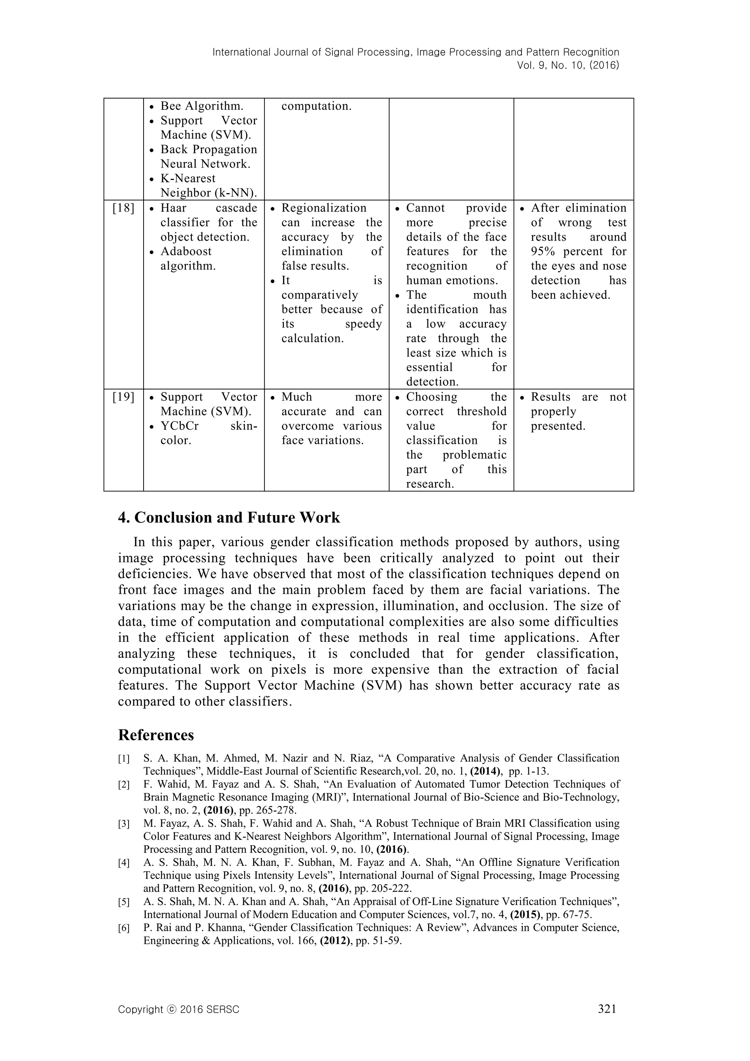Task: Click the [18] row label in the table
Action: pyautogui.click(x=123, y=208)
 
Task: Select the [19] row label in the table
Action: pyautogui.click(x=123, y=397)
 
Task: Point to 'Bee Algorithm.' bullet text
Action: pyautogui.click(x=202, y=106)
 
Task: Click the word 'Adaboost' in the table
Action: pyautogui.click(x=186, y=251)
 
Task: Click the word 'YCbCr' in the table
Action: pyautogui.click(x=180, y=426)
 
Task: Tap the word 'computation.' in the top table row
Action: pyautogui.click(x=316, y=106)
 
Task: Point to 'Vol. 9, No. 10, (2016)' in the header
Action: pyautogui.click(x=568, y=65)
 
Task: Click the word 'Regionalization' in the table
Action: pyautogui.click(x=324, y=208)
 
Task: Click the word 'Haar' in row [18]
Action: pyautogui.click(x=174, y=208)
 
